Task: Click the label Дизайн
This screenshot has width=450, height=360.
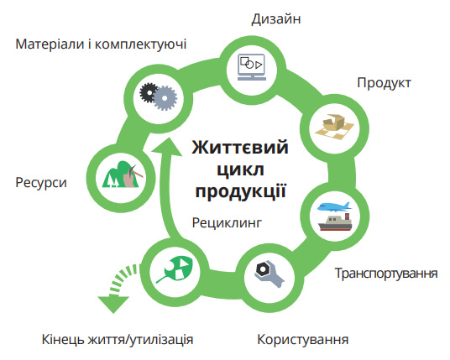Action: pos(276,19)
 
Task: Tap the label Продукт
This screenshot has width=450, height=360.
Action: pos(384,83)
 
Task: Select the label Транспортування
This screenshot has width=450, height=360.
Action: pos(386,273)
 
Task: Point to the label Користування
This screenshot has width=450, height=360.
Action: pos(303,340)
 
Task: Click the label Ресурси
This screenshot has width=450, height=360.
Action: pos(41,183)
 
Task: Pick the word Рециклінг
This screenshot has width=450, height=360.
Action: pos(227,223)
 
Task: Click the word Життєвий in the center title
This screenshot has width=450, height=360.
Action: pos(240,147)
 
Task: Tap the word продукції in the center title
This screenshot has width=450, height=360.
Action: pos(240,190)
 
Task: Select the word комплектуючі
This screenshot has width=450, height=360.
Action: pos(141,44)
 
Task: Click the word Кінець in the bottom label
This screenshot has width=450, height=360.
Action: pos(64,339)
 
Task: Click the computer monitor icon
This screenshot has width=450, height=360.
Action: pos(252,67)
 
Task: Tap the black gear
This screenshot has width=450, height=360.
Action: pos(149,92)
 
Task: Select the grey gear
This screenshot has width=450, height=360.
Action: pos(165,98)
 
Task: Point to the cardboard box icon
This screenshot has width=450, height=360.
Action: pos(334,127)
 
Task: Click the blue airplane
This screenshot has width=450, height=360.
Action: pos(334,206)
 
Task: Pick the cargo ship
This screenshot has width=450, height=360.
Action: pos(335,222)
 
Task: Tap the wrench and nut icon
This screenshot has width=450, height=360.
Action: pos(269,273)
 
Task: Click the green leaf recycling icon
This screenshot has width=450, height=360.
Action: pos(175,269)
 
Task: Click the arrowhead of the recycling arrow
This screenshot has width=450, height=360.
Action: pos(167,147)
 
